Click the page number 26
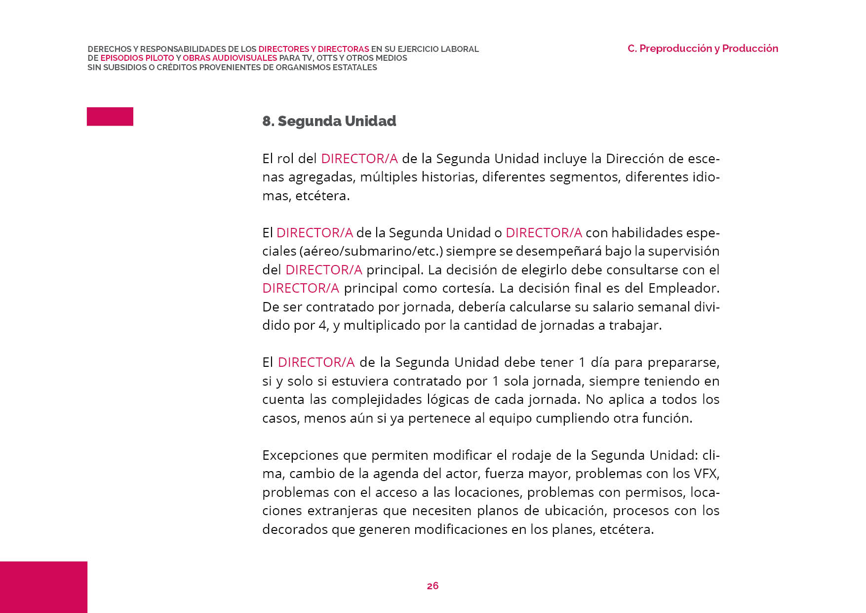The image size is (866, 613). [x=433, y=586]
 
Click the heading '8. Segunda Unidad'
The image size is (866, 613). [x=329, y=121]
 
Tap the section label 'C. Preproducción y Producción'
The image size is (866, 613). [x=703, y=48]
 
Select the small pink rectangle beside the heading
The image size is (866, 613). [x=110, y=117]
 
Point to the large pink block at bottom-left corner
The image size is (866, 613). [x=43, y=587]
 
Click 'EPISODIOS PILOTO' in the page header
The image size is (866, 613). [x=137, y=58]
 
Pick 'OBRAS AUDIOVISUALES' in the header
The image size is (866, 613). [x=230, y=58]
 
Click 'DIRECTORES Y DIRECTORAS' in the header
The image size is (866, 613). [x=314, y=49]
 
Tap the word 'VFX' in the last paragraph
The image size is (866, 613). [x=707, y=474]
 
